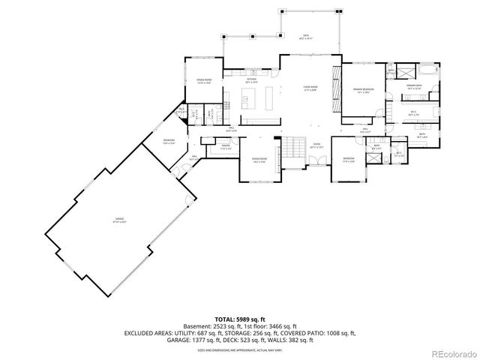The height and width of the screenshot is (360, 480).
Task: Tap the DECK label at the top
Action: click(306, 35)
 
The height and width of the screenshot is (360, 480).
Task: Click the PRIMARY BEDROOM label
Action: click(364, 91)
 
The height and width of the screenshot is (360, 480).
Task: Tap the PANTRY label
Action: click(224, 147)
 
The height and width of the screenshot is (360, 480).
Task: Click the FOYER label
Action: click(316, 146)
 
